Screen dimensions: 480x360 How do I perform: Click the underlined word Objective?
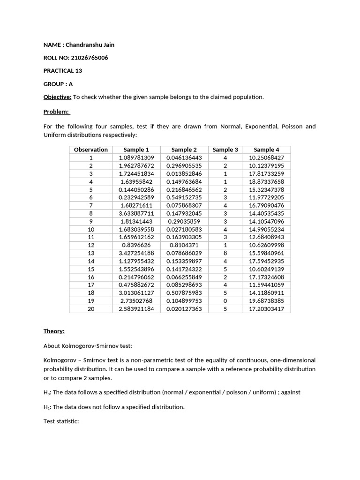57,97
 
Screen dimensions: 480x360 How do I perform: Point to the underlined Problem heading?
56,112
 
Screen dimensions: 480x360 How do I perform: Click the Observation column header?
91,150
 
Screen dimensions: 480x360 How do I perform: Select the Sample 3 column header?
225,150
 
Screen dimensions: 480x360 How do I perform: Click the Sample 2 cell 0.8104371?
184,245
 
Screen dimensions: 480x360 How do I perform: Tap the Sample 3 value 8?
225,253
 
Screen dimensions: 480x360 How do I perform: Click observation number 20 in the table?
91,309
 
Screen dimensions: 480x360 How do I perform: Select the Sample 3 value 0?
225,301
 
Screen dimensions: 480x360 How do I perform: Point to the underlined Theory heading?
54,331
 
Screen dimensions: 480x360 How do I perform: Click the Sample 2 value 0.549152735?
184,197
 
